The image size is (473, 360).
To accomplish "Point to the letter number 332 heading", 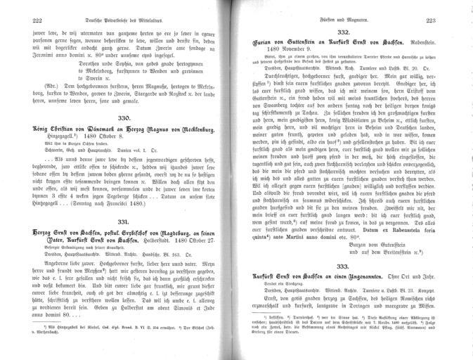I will pos(346,34).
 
